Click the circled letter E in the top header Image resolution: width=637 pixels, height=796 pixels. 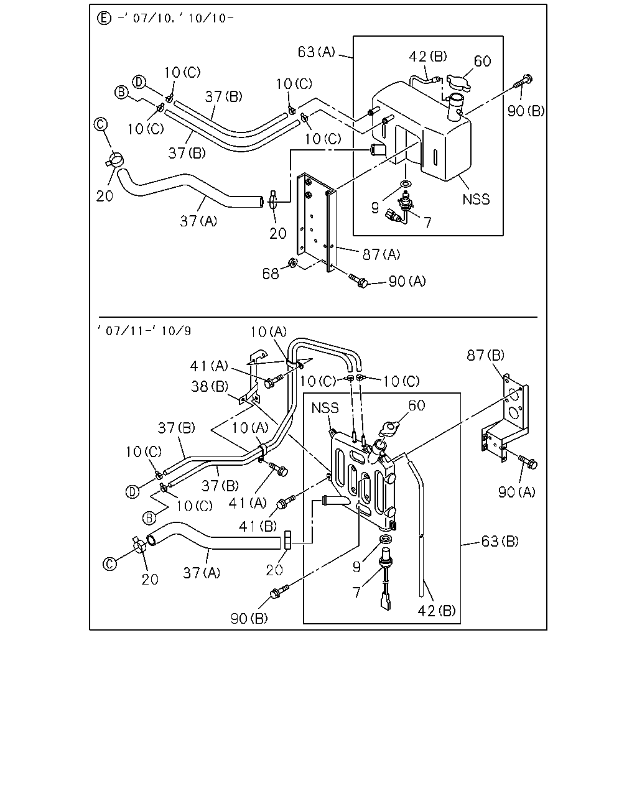pos(104,18)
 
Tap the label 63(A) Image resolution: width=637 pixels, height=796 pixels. pos(316,52)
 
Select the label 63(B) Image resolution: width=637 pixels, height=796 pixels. pos(500,542)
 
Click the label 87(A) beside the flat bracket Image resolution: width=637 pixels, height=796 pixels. pos(381,254)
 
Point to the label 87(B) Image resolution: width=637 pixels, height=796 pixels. pos(486,356)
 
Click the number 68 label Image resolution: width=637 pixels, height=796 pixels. pos(270,274)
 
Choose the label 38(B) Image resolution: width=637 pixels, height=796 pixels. pos(210,387)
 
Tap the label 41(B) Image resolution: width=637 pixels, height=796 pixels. pos(258,526)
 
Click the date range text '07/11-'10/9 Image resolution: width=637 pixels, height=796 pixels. pos(145,331)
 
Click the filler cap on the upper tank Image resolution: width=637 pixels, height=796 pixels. pos(458,83)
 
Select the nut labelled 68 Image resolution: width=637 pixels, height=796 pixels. pos(293,262)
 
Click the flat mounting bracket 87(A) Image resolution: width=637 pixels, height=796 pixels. pos(316,222)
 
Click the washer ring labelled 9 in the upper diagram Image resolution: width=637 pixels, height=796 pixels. pos(406,184)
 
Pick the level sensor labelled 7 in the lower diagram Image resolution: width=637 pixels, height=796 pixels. pos(385,581)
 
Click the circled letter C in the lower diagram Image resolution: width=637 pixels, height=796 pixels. pos(109,564)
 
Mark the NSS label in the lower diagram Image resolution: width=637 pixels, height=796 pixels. pos(325,408)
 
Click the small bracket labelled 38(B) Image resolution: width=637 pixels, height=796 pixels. pos(252,377)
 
